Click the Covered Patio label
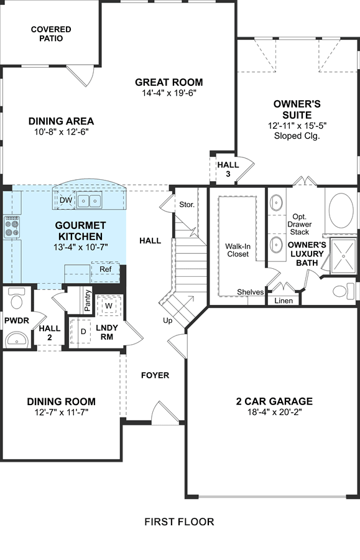pos(51,34)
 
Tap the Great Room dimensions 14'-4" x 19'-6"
pos(169,93)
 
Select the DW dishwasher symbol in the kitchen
pos(66,200)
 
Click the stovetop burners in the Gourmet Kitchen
pos(11,227)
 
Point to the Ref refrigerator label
pos(105,269)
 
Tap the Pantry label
pos(88,300)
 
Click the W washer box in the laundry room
pos(109,306)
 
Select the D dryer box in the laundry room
pos(83,332)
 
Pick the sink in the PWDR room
pos(16,338)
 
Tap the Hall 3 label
pos(228,170)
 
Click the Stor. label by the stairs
pos(187,205)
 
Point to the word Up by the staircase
pos(168,320)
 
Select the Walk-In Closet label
pos(238,250)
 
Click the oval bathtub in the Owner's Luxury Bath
pos(341,211)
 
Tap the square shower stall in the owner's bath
pos(344,256)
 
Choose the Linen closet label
pos(284,301)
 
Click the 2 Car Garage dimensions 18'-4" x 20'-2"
pos(274,412)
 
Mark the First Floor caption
pos(179,522)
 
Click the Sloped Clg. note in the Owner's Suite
pos(297,136)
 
